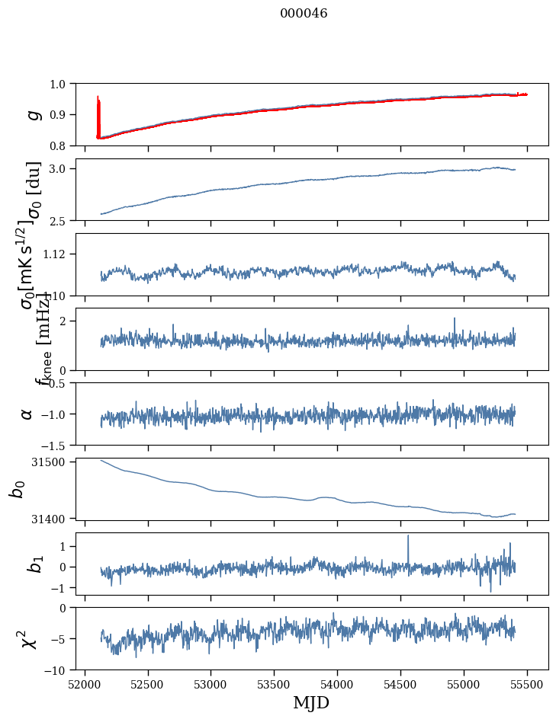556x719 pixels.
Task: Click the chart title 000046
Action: [304, 13]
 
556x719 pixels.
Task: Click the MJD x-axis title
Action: [311, 702]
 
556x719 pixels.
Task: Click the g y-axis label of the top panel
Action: [32, 114]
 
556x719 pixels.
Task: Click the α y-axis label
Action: [27, 414]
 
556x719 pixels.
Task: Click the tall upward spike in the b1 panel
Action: [408, 536]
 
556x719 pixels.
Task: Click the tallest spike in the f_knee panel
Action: [454, 319]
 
